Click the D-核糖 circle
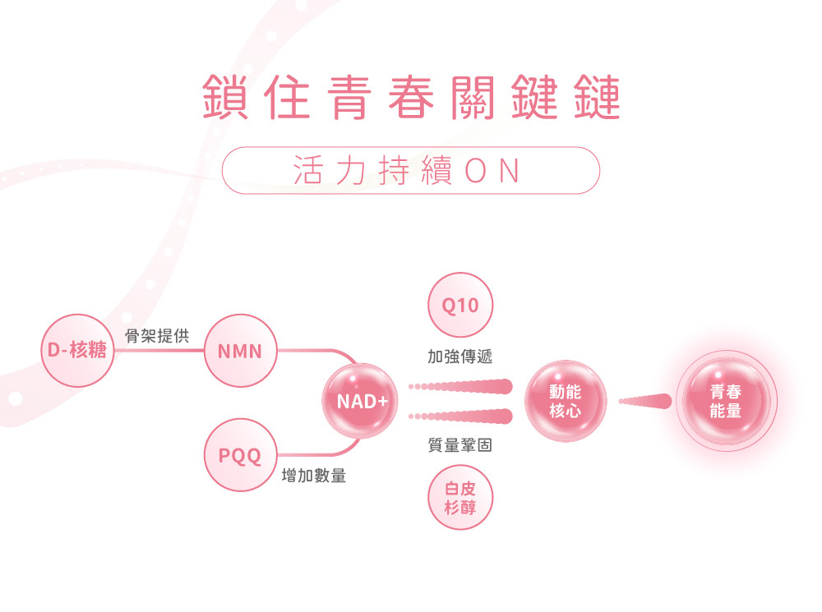[x=77, y=350]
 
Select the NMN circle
[x=240, y=351]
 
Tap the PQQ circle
[x=240, y=454]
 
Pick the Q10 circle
[x=460, y=306]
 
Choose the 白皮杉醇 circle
[x=460, y=498]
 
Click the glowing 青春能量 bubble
[x=725, y=400]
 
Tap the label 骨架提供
[x=157, y=336]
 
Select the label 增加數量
[x=313, y=476]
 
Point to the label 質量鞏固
[x=460, y=445]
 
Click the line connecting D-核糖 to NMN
[x=159, y=351]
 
